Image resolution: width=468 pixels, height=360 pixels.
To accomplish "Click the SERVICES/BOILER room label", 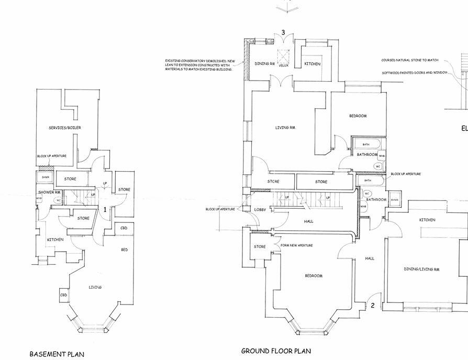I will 65,128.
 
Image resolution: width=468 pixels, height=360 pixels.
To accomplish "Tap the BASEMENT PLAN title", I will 57,354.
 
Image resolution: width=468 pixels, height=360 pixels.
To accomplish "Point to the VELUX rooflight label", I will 283,65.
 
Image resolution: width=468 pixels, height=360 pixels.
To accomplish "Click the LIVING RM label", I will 286,127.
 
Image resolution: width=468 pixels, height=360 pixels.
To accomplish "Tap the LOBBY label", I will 260,210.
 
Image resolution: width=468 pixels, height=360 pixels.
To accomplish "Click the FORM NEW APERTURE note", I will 297,245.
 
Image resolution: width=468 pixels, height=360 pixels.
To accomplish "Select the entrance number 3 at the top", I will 283,32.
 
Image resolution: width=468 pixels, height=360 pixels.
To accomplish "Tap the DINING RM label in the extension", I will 264,64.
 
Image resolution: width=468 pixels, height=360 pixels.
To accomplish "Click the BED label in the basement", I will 124,250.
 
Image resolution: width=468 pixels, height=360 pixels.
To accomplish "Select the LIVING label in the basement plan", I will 95,287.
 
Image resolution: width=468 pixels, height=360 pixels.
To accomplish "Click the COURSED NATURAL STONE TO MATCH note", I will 410,61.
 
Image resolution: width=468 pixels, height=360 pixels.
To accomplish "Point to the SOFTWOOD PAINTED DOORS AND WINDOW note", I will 415,72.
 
